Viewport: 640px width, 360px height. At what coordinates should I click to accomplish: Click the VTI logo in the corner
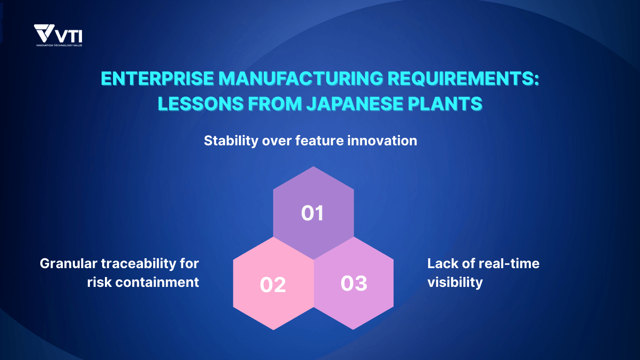(58, 35)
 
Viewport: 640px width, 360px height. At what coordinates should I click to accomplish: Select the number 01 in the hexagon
(313, 213)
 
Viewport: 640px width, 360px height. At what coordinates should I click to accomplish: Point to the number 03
(354, 284)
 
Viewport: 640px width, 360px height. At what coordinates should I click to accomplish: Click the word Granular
(68, 263)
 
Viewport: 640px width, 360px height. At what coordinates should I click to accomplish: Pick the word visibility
(454, 282)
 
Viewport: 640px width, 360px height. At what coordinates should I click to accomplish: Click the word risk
(99, 282)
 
